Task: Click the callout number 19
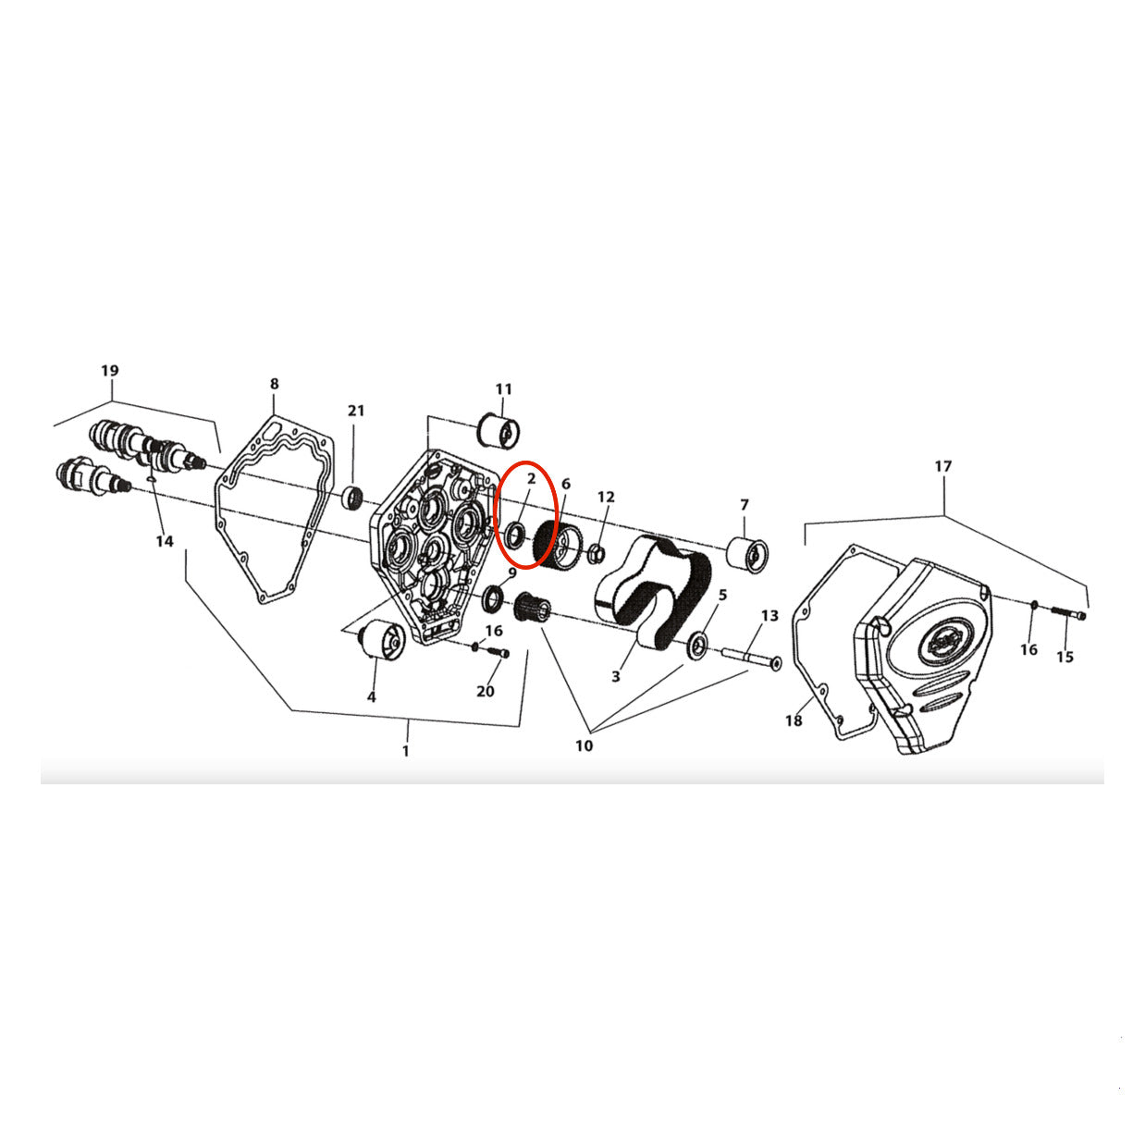click(x=110, y=371)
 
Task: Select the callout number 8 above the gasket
click(x=274, y=384)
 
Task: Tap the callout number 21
click(x=356, y=411)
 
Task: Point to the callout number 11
click(x=503, y=389)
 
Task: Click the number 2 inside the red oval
click(x=531, y=478)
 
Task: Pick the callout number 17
click(x=943, y=466)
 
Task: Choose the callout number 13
click(x=769, y=616)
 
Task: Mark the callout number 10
click(x=585, y=745)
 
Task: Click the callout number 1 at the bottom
click(x=406, y=751)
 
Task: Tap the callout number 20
click(x=486, y=691)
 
